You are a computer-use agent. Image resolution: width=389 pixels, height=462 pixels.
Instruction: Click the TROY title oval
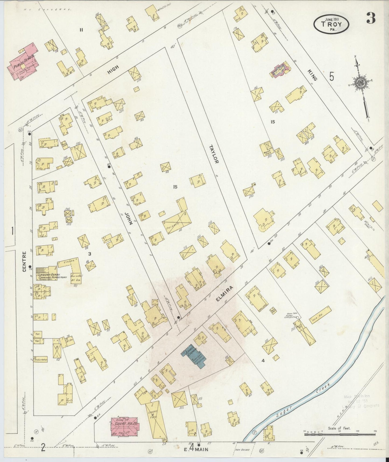(x=331, y=24)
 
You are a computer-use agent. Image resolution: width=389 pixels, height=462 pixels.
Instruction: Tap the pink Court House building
(x=124, y=430)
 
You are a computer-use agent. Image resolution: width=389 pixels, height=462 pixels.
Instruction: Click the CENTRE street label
(x=24, y=261)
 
